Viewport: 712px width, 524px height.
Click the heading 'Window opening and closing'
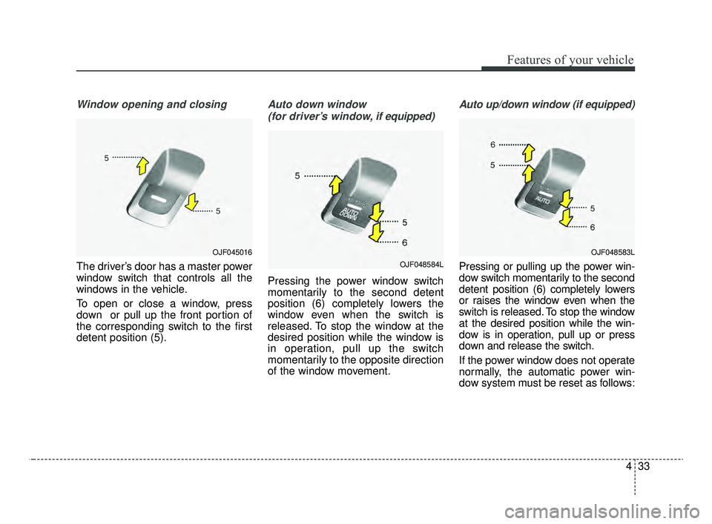(151, 105)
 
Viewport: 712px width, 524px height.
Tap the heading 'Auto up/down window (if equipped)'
(547, 105)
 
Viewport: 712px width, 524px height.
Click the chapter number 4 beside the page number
(627, 468)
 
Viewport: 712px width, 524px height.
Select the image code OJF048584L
(421, 265)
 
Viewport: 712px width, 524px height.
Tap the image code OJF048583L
(613, 253)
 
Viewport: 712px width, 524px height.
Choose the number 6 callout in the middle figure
(406, 242)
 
